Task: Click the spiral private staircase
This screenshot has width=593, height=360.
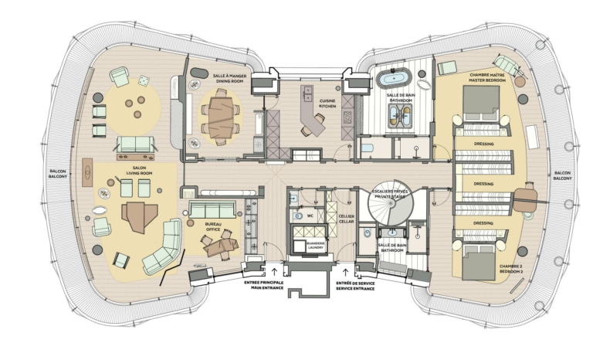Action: pyautogui.click(x=390, y=207)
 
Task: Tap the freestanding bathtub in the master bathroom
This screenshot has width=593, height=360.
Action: pyautogui.click(x=395, y=79)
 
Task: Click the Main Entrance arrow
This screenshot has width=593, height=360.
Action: pyautogui.click(x=274, y=271)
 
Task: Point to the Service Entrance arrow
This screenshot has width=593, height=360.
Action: pyautogui.click(x=345, y=272)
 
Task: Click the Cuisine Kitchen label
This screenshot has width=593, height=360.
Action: pyautogui.click(x=327, y=104)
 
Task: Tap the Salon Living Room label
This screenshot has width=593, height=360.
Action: pyautogui.click(x=139, y=171)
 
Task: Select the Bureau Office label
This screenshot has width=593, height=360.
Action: pyautogui.click(x=213, y=227)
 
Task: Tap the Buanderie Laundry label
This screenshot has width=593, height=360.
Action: pyautogui.click(x=315, y=246)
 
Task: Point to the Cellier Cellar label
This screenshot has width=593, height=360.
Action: pyautogui.click(x=347, y=219)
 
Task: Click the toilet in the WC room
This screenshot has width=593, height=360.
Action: pyautogui.click(x=297, y=216)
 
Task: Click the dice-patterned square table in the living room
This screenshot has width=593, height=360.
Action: pyautogui.click(x=144, y=80)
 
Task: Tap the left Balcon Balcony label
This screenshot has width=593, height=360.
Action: pyautogui.click(x=58, y=174)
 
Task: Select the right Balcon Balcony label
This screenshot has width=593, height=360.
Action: pyautogui.click(x=563, y=175)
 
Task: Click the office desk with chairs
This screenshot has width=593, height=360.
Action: pyautogui.click(x=221, y=246)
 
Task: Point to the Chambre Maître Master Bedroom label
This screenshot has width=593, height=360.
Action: pyautogui.click(x=487, y=77)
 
